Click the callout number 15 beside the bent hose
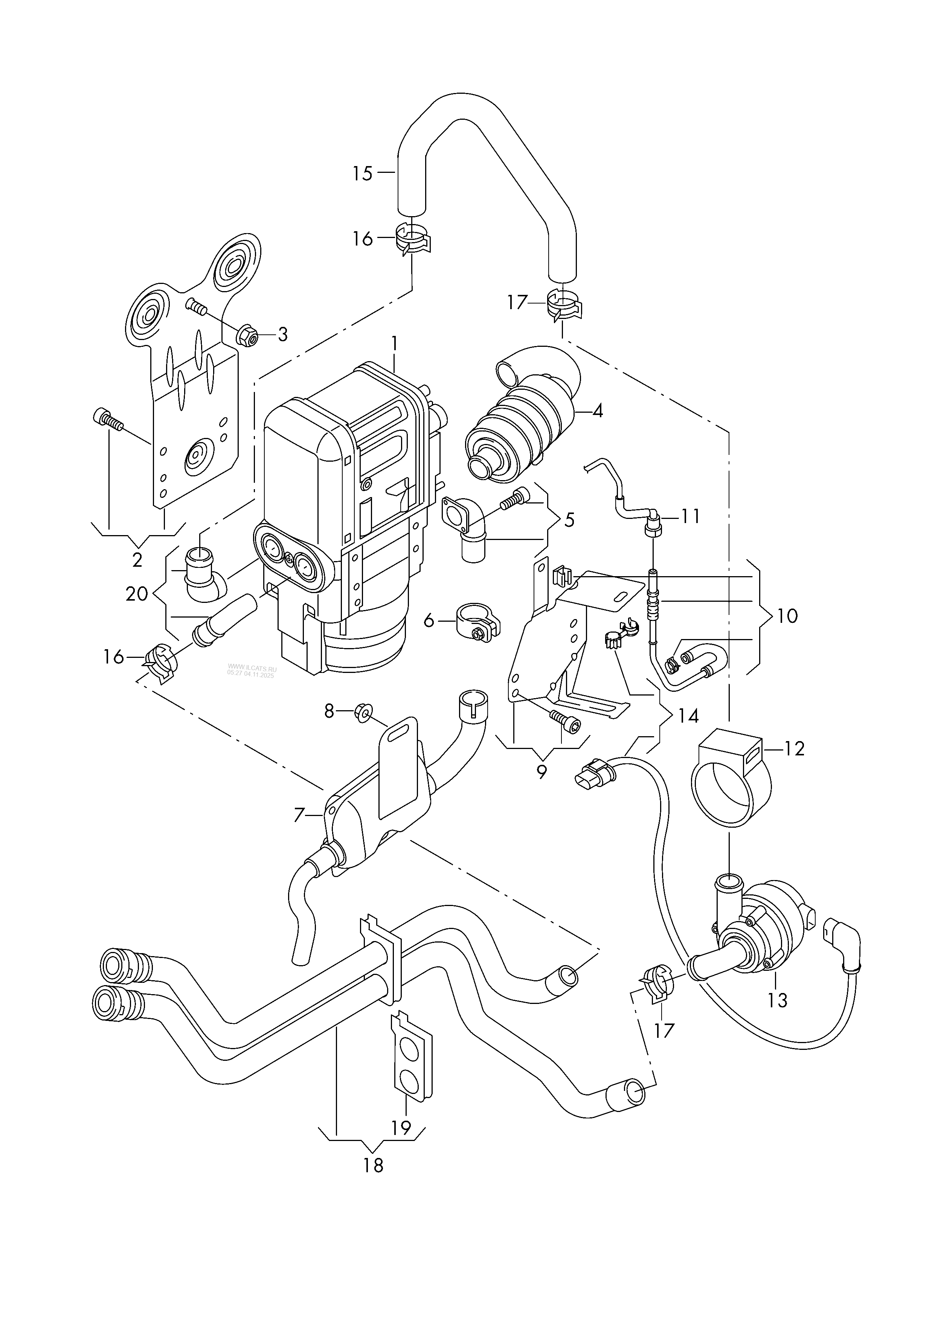pyautogui.click(x=363, y=173)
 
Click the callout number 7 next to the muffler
pyautogui.click(x=299, y=815)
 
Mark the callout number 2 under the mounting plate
pyautogui.click(x=137, y=560)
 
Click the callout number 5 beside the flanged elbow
pyautogui.click(x=569, y=520)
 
